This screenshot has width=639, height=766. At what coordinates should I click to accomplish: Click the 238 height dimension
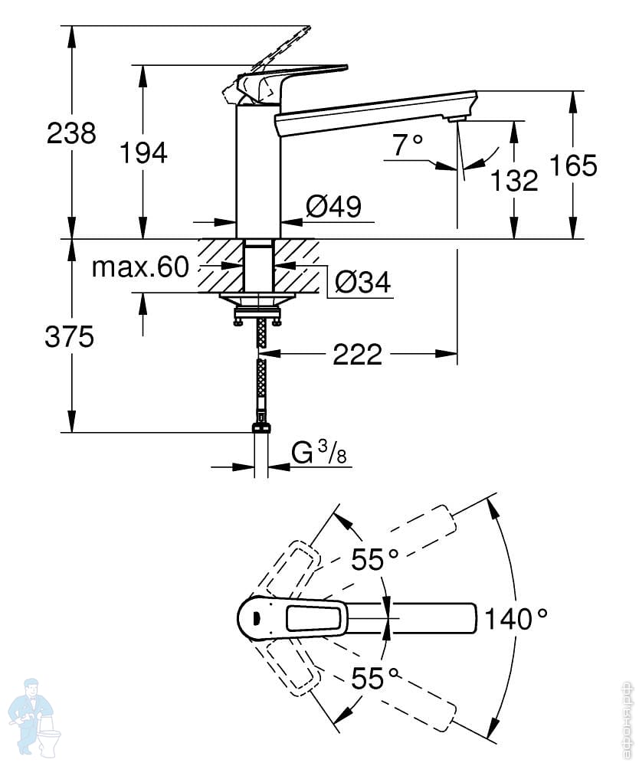coord(71,133)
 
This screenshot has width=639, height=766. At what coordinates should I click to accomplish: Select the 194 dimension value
coord(143,152)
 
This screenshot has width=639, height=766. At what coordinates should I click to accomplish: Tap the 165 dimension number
coord(574,165)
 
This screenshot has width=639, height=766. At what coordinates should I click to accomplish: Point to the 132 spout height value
coord(514,180)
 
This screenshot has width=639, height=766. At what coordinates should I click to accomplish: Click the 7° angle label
coord(408,145)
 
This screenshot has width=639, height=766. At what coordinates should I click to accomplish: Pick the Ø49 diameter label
coord(334,206)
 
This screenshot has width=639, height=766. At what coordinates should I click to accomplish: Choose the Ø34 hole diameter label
coord(363,282)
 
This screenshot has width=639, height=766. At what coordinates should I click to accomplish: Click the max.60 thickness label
coord(140,267)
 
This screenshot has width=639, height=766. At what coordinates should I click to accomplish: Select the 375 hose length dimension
coord(70,337)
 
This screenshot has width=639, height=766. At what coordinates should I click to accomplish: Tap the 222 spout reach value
coord(357,354)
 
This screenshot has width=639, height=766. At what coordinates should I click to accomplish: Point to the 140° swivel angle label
coord(516,618)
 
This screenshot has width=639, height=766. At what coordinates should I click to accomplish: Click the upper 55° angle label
coord(375,559)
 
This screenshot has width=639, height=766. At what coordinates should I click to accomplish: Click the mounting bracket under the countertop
coord(257,308)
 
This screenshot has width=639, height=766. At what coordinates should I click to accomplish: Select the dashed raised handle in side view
coord(267,60)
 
